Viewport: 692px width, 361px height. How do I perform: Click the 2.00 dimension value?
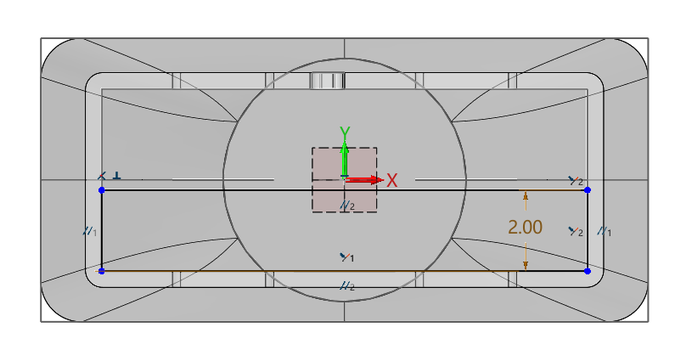(x=525, y=228)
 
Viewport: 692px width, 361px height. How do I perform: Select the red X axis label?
(x=392, y=180)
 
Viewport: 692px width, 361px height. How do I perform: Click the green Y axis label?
(x=345, y=133)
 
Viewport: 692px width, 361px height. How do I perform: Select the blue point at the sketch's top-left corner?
(x=102, y=190)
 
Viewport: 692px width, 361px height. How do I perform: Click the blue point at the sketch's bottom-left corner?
(x=102, y=271)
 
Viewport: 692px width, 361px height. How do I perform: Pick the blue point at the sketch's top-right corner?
(x=588, y=190)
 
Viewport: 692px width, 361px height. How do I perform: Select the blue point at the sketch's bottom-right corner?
(x=588, y=271)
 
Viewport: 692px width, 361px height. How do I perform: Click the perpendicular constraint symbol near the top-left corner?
(x=116, y=176)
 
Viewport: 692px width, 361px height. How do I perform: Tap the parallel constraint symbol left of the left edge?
(x=90, y=231)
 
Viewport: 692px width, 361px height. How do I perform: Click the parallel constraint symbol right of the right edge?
(x=605, y=231)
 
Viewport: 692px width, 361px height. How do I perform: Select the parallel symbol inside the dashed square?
(x=346, y=206)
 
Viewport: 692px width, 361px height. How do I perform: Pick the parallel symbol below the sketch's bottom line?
(x=346, y=286)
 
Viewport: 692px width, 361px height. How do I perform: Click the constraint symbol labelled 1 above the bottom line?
(x=346, y=257)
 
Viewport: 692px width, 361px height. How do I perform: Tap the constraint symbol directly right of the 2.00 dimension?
(x=576, y=231)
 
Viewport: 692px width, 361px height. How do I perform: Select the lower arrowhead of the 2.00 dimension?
(x=526, y=265)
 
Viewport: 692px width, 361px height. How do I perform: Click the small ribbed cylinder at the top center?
(x=328, y=81)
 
